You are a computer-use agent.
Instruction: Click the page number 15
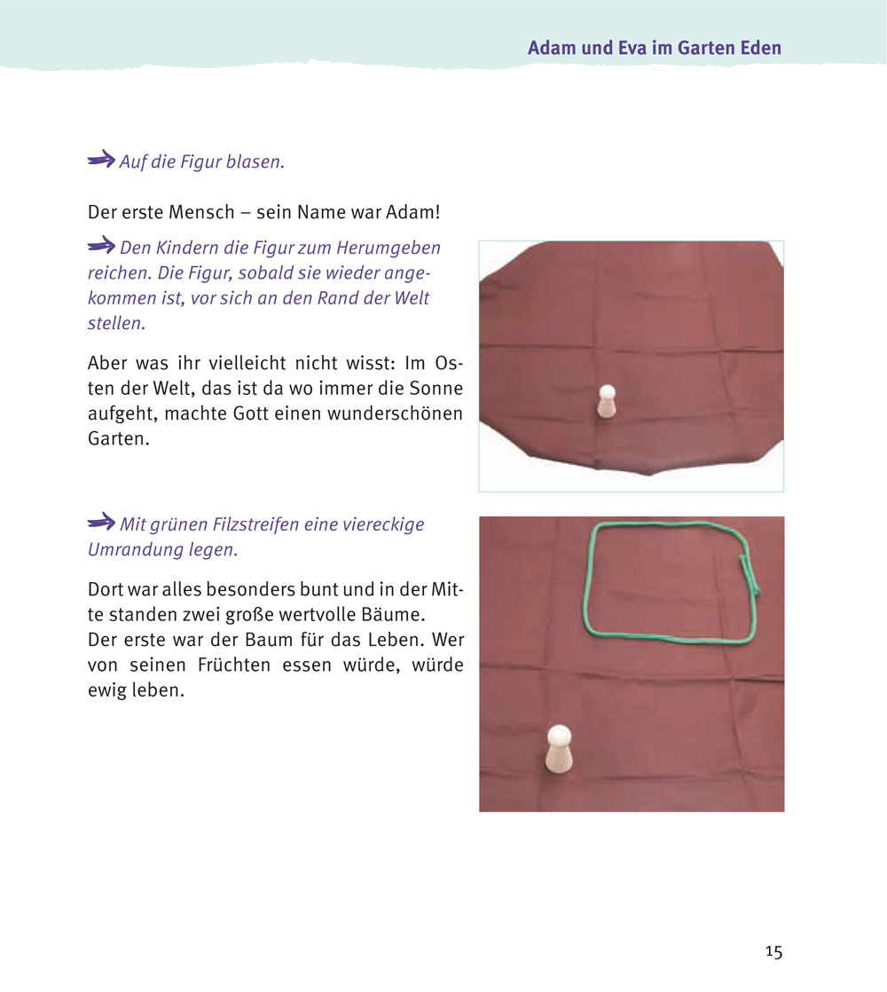tap(773, 951)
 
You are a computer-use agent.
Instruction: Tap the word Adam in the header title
tap(552, 48)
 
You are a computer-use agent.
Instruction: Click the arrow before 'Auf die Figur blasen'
tap(101, 159)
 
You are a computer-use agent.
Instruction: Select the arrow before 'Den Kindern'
tap(101, 245)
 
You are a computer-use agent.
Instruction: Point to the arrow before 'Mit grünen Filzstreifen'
tap(101, 522)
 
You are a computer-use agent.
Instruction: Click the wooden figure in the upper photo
tap(607, 402)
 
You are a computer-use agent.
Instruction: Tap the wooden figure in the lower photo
tap(559, 749)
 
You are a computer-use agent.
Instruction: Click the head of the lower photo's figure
tap(559, 737)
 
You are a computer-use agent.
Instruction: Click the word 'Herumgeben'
tap(389, 248)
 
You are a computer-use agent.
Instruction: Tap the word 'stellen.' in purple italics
tap(117, 323)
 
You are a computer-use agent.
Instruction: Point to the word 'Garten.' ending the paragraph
tap(119, 438)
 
